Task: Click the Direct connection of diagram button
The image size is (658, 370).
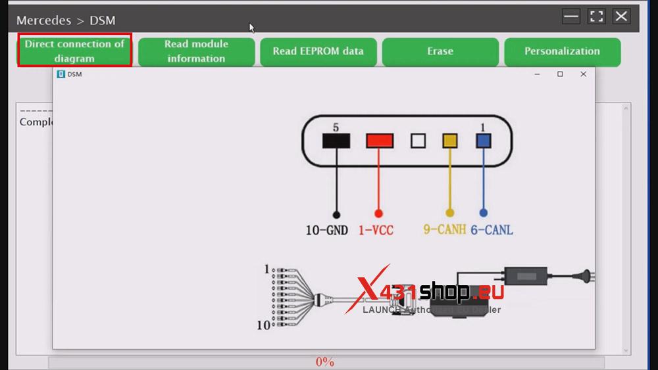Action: [x=74, y=51]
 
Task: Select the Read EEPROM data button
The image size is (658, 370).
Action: [x=318, y=51]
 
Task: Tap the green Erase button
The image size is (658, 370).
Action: [x=440, y=51]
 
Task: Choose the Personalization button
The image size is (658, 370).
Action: [x=562, y=51]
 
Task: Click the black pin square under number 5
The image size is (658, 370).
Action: [x=336, y=141]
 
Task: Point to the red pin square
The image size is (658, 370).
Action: [x=380, y=141]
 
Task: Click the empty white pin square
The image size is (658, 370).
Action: [x=418, y=141]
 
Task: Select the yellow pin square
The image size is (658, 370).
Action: [x=450, y=141]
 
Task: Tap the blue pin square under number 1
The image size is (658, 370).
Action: [x=484, y=141]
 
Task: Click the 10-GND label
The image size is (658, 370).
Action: [x=327, y=230]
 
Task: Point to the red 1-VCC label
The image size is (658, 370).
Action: [x=376, y=230]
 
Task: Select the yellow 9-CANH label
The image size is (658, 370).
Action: [x=444, y=230]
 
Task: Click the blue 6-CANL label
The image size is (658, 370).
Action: [x=492, y=230]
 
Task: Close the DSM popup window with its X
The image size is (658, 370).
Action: [x=583, y=74]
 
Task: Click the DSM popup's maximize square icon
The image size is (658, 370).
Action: [x=560, y=74]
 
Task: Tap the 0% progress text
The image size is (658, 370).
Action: [x=325, y=362]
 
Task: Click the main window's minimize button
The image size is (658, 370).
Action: [x=571, y=17]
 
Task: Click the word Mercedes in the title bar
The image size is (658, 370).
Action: [x=43, y=20]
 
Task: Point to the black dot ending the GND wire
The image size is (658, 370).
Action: [x=336, y=214]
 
